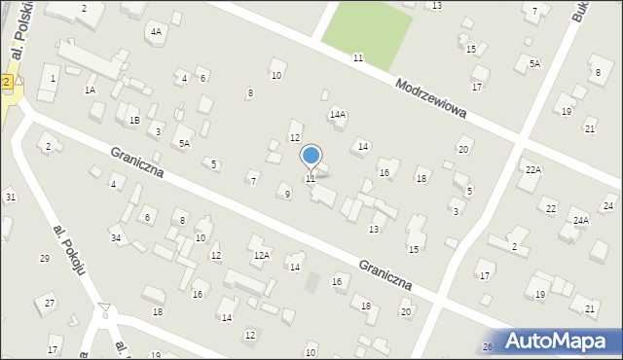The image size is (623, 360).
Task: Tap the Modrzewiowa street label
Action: [431, 99]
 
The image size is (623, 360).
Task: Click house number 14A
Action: [338, 114]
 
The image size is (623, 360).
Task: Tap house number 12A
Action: [261, 256]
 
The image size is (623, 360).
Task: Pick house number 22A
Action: [532, 169]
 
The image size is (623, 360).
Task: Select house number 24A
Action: [581, 220]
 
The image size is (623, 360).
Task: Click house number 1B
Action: [134, 121]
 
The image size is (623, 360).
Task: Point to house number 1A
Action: [90, 90]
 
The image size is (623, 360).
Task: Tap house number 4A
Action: [156, 31]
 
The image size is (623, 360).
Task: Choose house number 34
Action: [115, 238]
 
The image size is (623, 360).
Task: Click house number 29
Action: [44, 258]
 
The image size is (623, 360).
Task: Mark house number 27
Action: [50, 305]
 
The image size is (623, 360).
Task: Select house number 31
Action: [10, 198]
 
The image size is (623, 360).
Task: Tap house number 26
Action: [488, 346]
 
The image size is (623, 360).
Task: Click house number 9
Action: [287, 195]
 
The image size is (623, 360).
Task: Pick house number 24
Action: [608, 205]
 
